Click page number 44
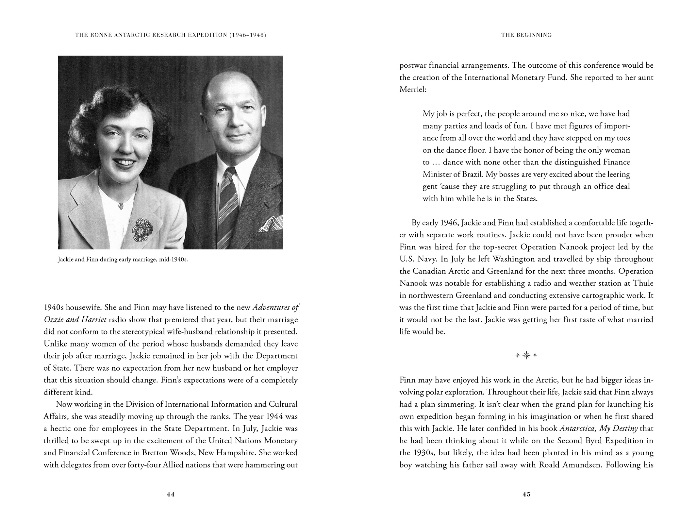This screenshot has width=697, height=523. pyautogui.click(x=170, y=495)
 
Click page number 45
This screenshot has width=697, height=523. pyautogui.click(x=526, y=495)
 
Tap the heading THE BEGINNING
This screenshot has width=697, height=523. pyautogui.click(x=526, y=35)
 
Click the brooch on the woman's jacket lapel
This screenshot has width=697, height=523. pyautogui.click(x=141, y=231)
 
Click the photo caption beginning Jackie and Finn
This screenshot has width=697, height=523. pyautogui.click(x=123, y=260)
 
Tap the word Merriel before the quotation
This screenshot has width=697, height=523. pyautogui.click(x=413, y=90)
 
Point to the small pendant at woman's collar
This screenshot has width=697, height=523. pyautogui.click(x=120, y=207)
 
